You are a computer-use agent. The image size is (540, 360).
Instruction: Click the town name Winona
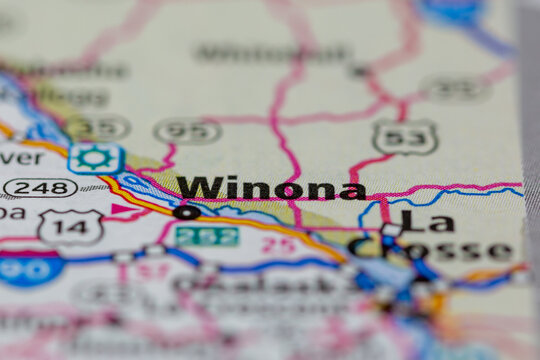coord(271,188)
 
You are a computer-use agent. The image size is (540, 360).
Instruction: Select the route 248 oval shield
coord(39,187)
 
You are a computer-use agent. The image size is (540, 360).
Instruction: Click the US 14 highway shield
coord(70,227)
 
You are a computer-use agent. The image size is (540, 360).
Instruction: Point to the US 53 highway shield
coord(404,137)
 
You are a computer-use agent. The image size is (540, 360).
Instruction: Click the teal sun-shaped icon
coord(96,158)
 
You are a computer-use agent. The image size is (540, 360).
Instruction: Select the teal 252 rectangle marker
coord(207,236)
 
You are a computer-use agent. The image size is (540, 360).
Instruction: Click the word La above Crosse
coord(426,222)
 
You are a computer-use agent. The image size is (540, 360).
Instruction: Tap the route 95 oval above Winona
coord(188,130)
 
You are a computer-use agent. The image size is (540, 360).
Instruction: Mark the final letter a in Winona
coord(351,190)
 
